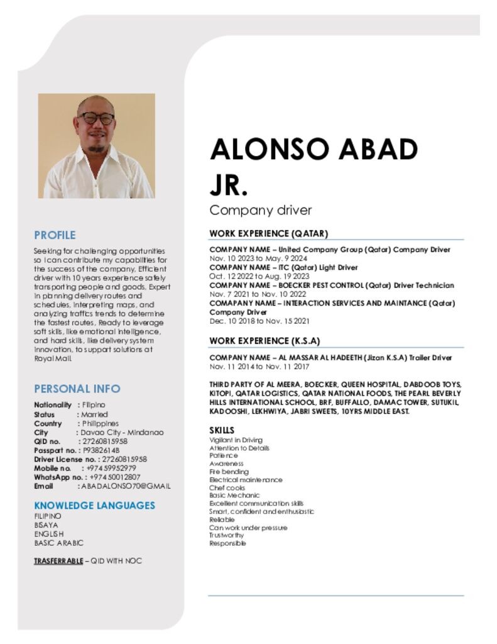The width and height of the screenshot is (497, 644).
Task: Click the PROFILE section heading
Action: (55, 235)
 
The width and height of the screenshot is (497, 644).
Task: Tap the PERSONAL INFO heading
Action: (77, 389)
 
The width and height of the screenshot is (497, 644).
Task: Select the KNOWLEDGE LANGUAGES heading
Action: (94, 505)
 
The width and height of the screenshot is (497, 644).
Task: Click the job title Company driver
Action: (260, 210)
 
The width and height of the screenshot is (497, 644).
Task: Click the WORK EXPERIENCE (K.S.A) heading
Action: (265, 341)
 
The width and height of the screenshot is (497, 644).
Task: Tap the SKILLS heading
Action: (221, 430)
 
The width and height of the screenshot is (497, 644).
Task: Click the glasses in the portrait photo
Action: (96, 118)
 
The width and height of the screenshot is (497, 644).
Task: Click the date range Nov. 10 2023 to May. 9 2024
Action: (258, 258)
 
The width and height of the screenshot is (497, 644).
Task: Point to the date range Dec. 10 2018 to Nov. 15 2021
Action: (259, 321)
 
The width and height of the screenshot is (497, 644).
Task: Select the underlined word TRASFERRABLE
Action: (58, 560)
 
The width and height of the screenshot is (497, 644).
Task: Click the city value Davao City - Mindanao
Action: (122, 433)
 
